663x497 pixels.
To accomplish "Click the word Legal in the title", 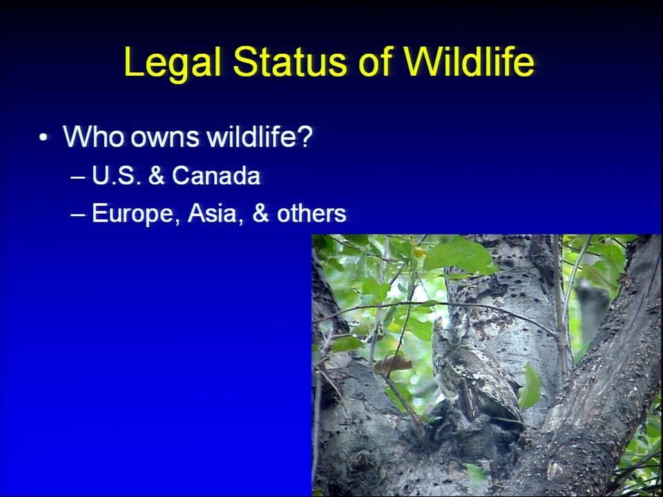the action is tap(173, 63).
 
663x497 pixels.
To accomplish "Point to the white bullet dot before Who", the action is tap(43, 137).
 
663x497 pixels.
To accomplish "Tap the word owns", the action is tap(165, 139).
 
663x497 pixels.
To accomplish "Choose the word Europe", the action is tap(133, 214).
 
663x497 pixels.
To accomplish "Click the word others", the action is tap(311, 213).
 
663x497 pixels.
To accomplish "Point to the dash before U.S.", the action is tap(77, 177).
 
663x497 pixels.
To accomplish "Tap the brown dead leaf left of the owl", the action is tap(393, 364).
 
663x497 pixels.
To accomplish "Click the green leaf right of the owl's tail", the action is tap(530, 387).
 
